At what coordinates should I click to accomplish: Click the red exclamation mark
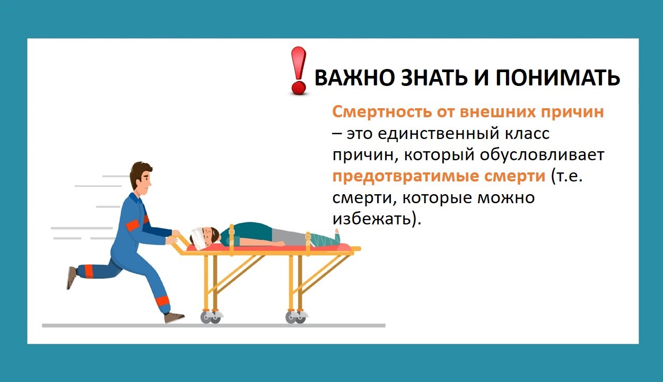tap(298, 71)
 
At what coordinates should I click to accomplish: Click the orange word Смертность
tap(382, 112)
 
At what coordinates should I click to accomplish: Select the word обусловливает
tap(542, 155)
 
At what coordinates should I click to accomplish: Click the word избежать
tap(371, 219)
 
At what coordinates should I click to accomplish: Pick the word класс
tap(527, 134)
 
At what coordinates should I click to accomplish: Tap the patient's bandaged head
tap(198, 237)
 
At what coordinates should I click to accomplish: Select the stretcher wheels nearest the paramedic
tap(211, 317)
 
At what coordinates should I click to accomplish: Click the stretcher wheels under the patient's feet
tap(296, 317)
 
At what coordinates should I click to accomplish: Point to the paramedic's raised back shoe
tap(72, 277)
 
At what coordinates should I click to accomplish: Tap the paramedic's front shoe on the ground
tap(174, 318)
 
